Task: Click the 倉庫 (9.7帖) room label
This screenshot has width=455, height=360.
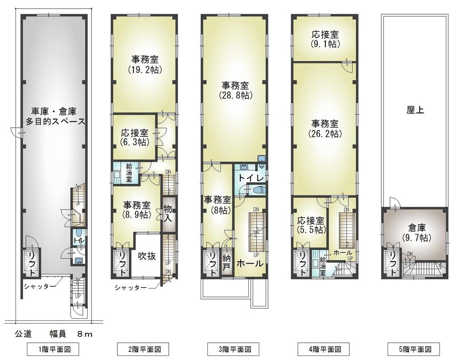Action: click(x=415, y=233)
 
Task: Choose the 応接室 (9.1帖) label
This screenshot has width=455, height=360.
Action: click(x=324, y=39)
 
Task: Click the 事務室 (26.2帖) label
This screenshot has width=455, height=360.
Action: click(x=324, y=129)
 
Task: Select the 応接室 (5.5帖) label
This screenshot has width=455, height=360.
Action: click(x=311, y=225)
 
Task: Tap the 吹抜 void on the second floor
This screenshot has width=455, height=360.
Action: click(x=147, y=256)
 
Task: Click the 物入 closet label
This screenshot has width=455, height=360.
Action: click(x=168, y=214)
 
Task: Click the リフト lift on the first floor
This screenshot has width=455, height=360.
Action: click(x=31, y=264)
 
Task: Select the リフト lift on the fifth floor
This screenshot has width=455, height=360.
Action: click(x=391, y=264)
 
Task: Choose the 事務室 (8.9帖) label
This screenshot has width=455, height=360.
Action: click(x=136, y=210)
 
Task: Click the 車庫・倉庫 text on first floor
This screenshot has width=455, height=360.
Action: click(x=54, y=111)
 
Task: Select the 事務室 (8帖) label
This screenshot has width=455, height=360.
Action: click(x=217, y=205)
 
